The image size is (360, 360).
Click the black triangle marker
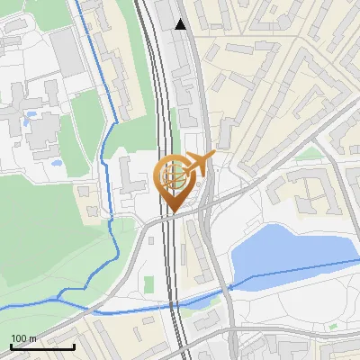(x=181, y=24)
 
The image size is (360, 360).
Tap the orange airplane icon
(x=201, y=163)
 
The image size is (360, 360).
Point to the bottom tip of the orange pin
(x=173, y=213)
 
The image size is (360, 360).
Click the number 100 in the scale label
(x=18, y=338)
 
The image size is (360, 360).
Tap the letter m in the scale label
(x=32, y=338)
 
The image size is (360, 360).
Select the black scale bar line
(x=41, y=346)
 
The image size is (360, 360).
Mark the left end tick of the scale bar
(x=10, y=345)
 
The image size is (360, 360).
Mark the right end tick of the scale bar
(x=73, y=345)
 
